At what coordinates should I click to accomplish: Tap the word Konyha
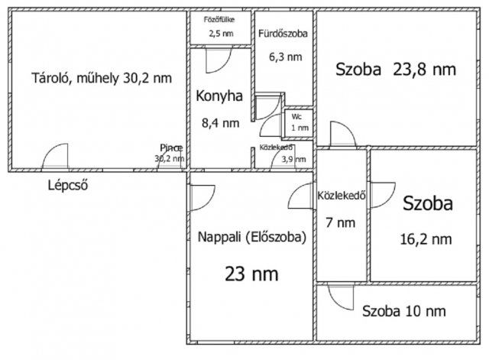coord(219,96)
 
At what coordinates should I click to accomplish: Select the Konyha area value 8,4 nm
coord(219,122)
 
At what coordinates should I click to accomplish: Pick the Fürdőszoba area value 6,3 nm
coord(283,56)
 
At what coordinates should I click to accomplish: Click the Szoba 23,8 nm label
coord(395,70)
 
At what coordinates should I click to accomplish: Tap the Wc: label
coord(296,117)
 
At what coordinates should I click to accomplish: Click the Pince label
coord(170,148)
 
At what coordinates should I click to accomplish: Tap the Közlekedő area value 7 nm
coord(340,223)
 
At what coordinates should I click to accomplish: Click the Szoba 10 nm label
coord(404,311)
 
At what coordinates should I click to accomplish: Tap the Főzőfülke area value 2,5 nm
coord(221,34)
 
